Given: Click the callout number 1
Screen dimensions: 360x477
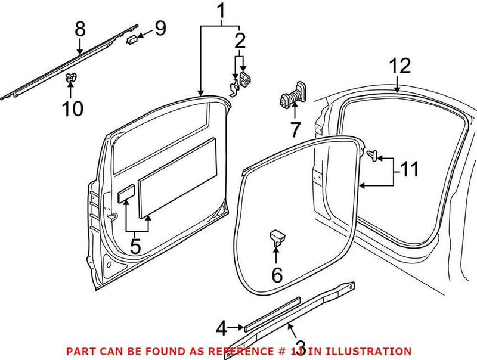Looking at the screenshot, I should click(x=221, y=11).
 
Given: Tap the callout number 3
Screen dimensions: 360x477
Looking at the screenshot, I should click(x=301, y=346).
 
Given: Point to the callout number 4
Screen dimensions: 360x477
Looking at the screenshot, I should click(x=221, y=327).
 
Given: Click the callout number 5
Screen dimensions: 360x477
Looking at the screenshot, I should click(x=136, y=246).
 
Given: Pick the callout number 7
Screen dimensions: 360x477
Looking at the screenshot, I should click(x=295, y=128).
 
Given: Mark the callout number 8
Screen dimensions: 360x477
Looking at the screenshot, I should click(x=80, y=28).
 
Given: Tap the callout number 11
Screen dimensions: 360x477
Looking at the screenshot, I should click(x=408, y=170).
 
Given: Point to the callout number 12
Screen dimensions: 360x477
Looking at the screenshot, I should click(x=401, y=66).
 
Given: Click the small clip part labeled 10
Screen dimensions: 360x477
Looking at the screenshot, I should click(x=71, y=77).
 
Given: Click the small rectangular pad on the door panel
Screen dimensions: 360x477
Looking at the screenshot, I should click(x=126, y=194).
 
